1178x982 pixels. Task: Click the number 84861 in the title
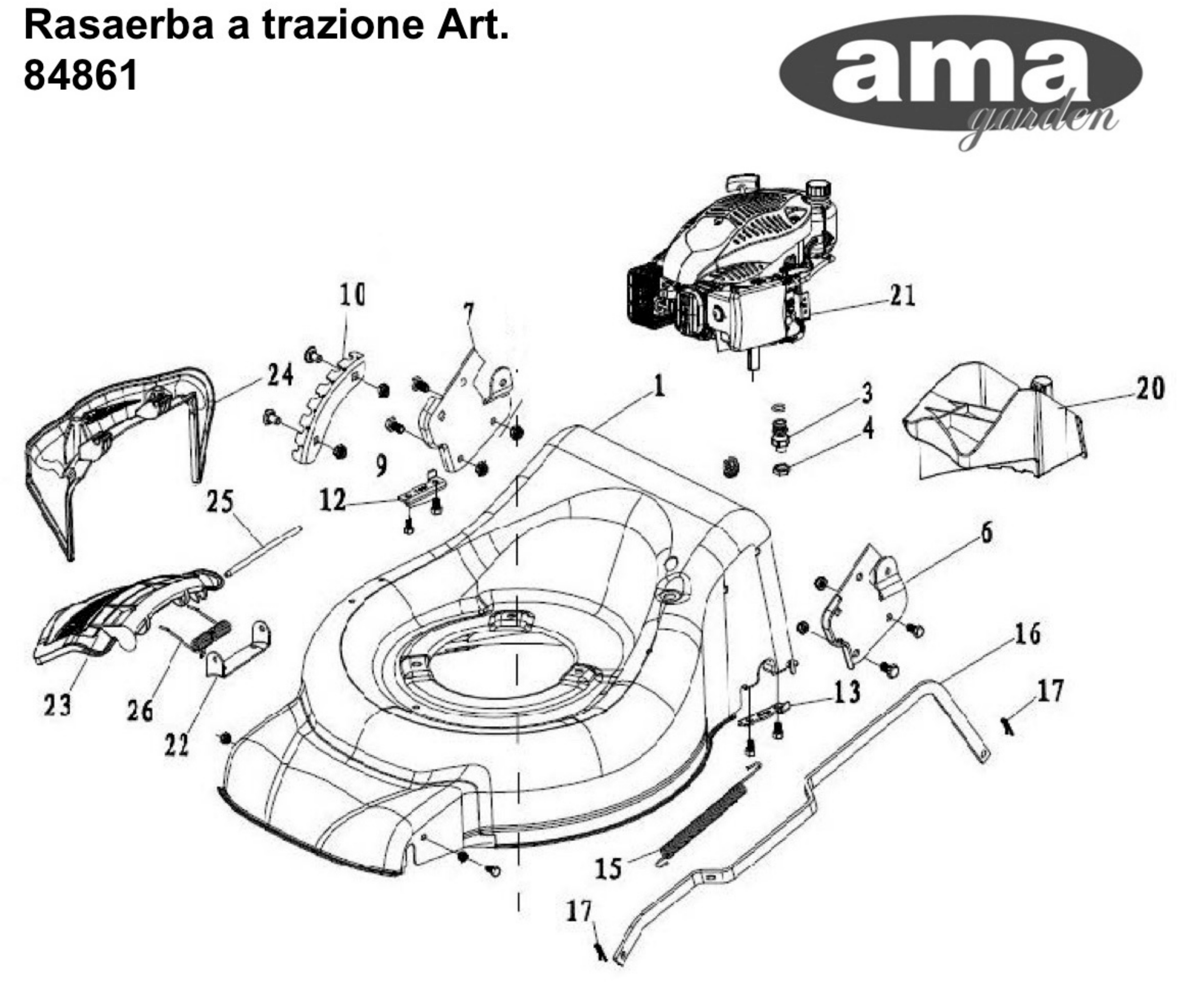click(x=80, y=75)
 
